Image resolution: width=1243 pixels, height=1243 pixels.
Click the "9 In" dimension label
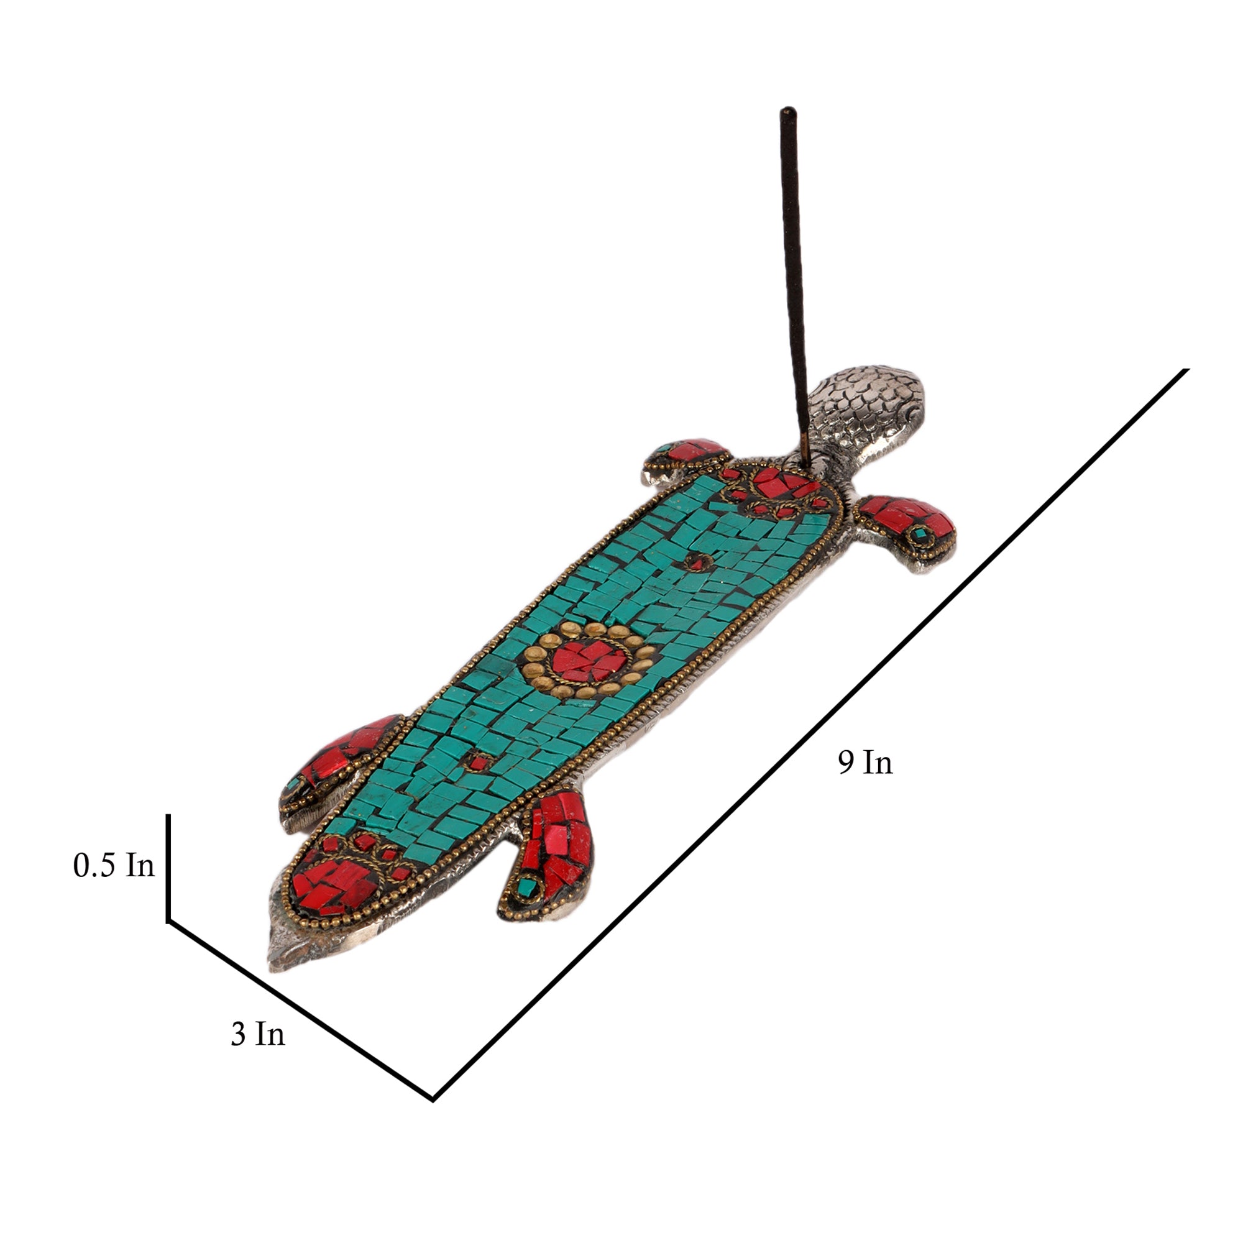865,763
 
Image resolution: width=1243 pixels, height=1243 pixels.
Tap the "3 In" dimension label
257,1034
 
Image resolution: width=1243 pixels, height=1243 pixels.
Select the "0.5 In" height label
114,865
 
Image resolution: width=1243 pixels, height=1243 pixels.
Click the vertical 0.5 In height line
168,869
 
